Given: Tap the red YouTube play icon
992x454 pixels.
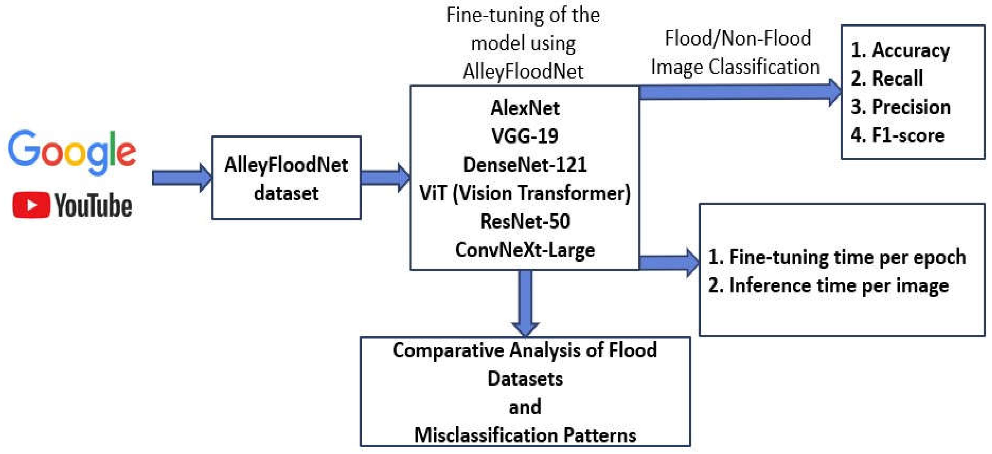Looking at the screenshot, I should (x=31, y=205).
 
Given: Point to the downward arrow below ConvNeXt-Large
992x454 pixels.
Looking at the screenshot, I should (x=525, y=302).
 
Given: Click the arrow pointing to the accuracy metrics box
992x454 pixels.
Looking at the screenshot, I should (x=739, y=92).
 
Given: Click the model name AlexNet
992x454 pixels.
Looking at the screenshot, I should (x=525, y=108).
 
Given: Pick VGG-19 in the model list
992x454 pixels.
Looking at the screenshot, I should (x=525, y=136).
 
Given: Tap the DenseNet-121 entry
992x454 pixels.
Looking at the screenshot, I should (x=525, y=164).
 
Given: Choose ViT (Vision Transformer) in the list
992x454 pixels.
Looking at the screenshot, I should (x=525, y=193).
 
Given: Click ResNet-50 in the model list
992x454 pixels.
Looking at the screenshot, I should (x=525, y=221).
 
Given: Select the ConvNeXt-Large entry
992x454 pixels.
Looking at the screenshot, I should (x=525, y=250).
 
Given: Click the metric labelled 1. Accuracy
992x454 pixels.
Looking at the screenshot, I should (x=900, y=50).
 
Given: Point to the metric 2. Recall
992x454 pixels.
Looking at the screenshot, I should (x=887, y=79).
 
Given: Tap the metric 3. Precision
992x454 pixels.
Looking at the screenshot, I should (x=900, y=107).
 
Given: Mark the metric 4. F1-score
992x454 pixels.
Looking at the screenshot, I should (x=897, y=135).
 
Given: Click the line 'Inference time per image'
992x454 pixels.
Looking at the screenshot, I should (x=828, y=286).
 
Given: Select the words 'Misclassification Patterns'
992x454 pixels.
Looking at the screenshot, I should (x=525, y=435).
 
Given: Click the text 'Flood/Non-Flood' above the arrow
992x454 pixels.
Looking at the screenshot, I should (x=737, y=38).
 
